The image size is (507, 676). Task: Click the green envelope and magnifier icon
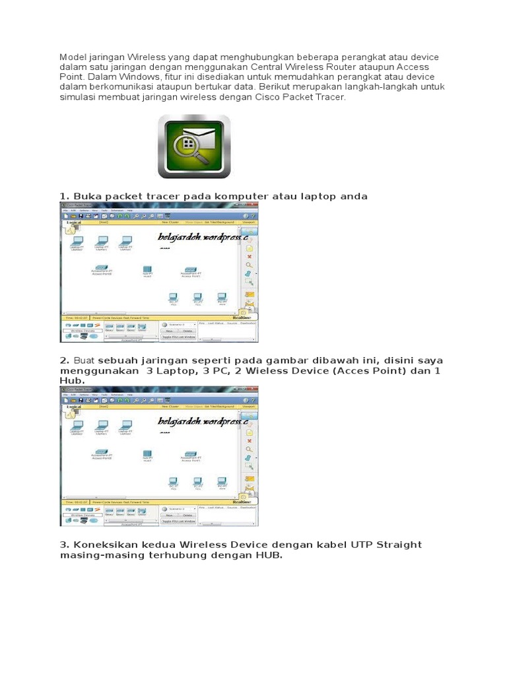(193, 147)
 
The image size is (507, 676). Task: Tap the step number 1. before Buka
(64, 196)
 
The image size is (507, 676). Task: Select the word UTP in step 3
(333, 545)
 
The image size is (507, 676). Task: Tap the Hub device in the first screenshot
(147, 271)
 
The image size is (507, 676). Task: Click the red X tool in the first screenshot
(250, 256)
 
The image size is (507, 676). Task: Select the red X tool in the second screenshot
(250, 440)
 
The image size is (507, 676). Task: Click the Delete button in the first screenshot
(187, 331)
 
